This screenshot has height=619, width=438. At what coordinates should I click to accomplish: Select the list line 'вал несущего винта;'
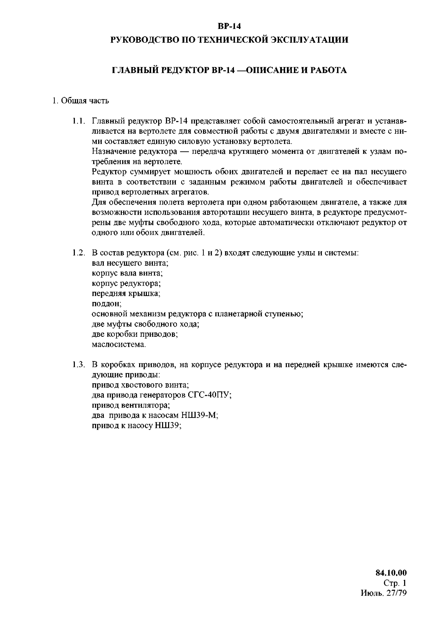coord(130,263)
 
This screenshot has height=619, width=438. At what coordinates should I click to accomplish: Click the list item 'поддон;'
coord(107,304)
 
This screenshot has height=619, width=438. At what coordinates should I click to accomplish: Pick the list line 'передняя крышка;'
coord(126,294)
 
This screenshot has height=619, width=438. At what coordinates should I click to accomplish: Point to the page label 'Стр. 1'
coord(395,583)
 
